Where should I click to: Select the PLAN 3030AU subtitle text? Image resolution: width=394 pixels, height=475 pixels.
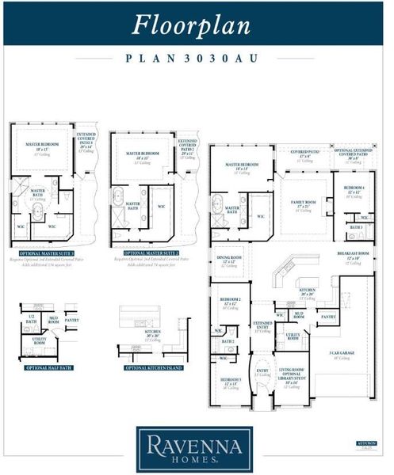[x=196, y=58]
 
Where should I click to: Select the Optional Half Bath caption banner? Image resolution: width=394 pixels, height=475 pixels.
[x=49, y=367]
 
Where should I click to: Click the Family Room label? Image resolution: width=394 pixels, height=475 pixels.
[x=303, y=203]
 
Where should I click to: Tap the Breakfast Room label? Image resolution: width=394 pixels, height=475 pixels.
[x=353, y=256]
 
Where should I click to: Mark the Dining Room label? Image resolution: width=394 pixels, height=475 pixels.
[x=229, y=260]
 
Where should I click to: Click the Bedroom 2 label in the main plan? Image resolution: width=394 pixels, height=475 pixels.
[x=230, y=302]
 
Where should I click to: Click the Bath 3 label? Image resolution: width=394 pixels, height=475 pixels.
[x=355, y=227]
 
